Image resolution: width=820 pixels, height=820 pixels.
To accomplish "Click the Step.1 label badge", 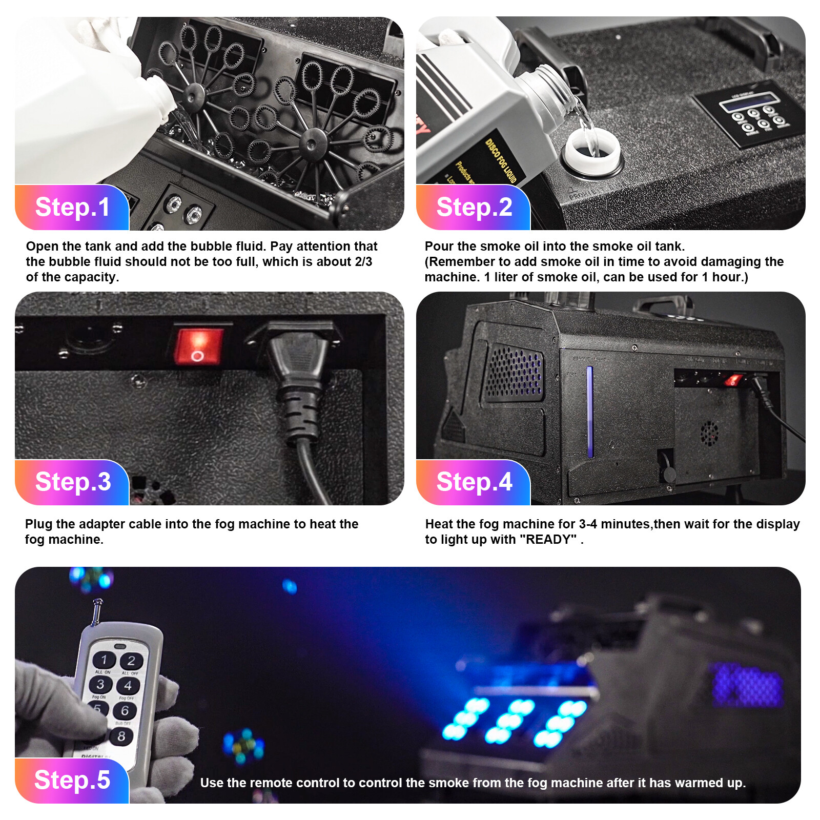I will click(72, 207).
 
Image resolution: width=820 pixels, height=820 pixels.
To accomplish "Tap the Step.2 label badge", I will click(474, 207).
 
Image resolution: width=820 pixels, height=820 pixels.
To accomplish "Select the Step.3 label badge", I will click(72, 482).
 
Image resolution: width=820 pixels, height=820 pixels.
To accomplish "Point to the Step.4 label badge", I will click(474, 482).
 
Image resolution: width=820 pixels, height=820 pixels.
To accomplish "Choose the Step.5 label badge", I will click(72, 780).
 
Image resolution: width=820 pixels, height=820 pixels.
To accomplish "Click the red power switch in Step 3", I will click(198, 346).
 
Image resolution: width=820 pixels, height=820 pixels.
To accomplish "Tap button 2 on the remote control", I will click(132, 661).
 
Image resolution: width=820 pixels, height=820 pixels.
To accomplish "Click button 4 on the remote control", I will click(128, 685).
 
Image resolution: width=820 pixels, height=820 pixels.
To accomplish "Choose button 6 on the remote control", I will click(125, 710).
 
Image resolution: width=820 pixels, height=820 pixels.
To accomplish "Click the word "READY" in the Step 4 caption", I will click(548, 540).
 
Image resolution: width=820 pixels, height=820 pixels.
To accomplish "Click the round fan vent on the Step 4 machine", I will click(709, 434).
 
